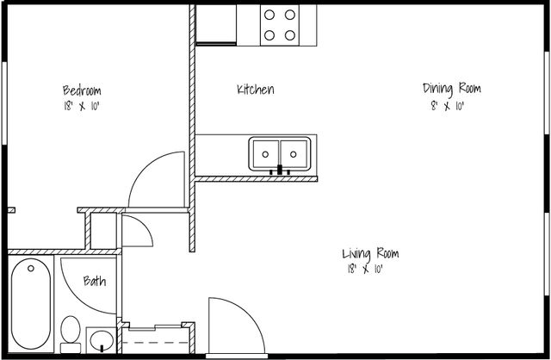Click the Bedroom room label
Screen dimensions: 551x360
click(82, 90)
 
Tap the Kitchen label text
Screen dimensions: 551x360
click(256, 90)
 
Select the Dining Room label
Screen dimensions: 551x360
click(451, 89)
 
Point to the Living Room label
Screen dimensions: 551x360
click(370, 253)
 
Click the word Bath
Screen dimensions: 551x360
click(95, 281)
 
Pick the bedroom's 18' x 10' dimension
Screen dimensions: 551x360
click(82, 106)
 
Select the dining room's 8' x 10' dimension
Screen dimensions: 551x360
click(448, 106)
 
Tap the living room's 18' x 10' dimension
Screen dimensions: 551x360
click(365, 270)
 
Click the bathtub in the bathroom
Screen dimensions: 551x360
click(31, 304)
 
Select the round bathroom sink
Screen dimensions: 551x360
click(102, 340)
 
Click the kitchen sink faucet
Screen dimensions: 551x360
click(280, 171)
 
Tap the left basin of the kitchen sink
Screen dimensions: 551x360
click(265, 154)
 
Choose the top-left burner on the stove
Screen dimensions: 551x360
click(269, 15)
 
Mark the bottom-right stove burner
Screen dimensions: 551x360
click(290, 35)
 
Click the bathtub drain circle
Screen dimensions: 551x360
click(31, 268)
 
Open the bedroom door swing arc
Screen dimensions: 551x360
click(145, 165)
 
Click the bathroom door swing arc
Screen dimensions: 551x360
click(77, 296)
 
